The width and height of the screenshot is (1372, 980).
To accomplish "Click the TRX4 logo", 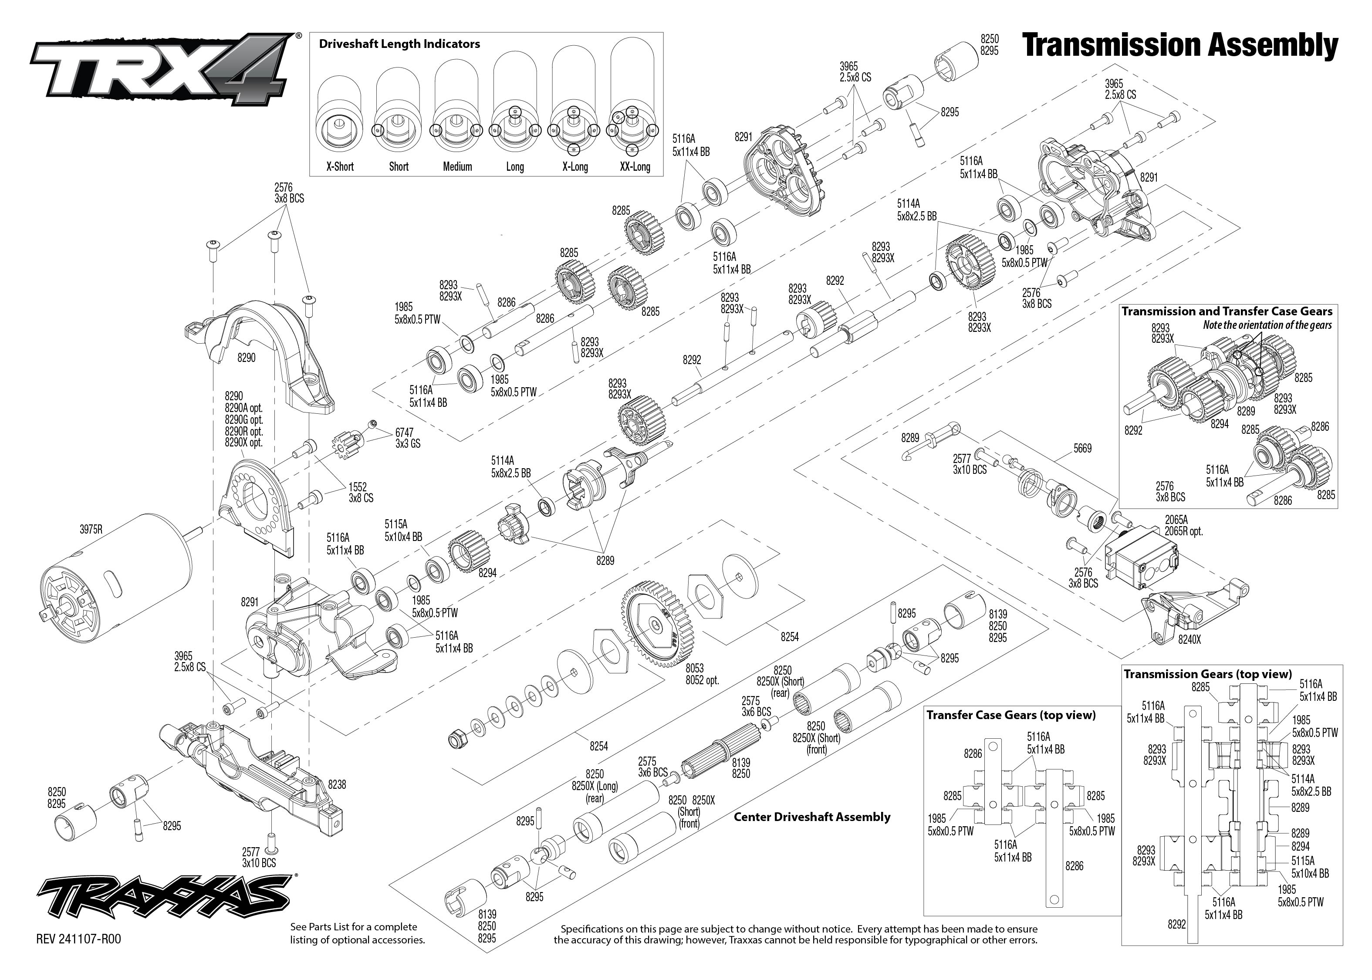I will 163,69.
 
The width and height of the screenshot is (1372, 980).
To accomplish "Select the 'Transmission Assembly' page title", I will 1180,46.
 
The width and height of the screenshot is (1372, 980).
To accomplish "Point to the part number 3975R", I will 91,530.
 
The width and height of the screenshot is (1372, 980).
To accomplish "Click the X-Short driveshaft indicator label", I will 340,166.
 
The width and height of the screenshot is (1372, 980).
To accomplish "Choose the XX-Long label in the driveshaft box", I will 635,166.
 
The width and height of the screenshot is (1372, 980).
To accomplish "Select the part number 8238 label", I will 337,784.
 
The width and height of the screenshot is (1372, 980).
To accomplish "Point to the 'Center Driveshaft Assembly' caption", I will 811,817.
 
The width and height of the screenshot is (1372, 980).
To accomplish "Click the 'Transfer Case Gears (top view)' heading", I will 1010,715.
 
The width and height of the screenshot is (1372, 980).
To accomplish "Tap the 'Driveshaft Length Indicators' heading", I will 399,44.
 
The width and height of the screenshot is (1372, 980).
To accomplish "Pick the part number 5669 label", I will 1082,448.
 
